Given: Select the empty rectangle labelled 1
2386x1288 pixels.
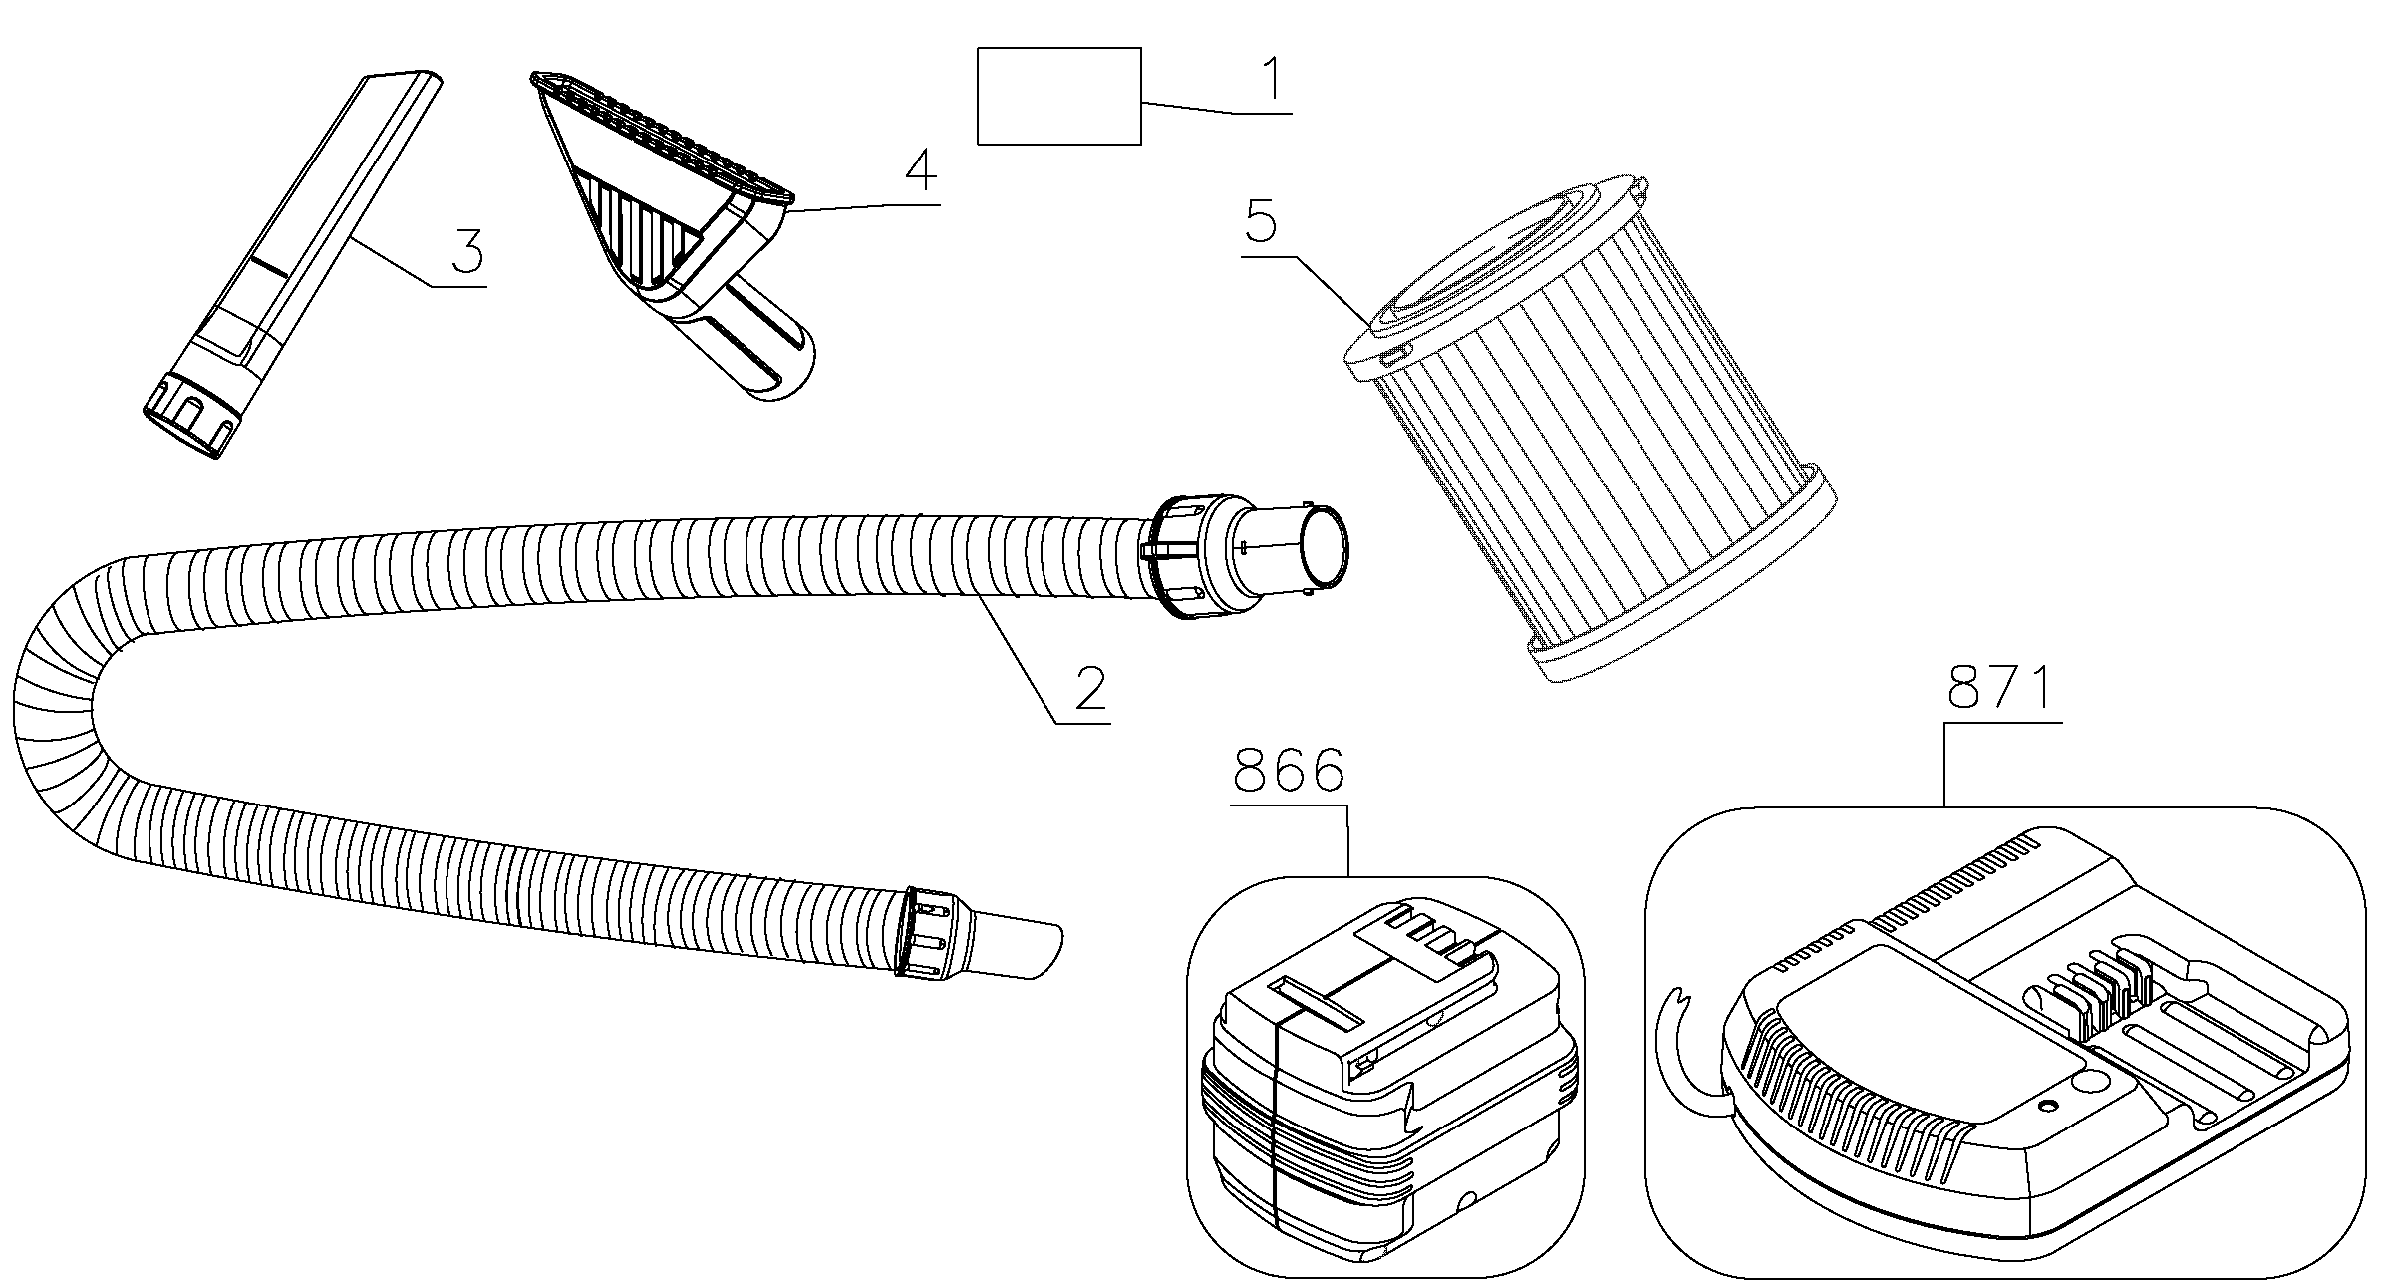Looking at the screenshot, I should (1058, 96).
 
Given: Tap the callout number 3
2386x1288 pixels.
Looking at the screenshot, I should (466, 250).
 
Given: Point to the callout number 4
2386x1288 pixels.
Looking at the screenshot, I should (920, 171).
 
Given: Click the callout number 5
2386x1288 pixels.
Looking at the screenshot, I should (1261, 222).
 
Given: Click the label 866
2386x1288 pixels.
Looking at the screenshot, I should (1289, 771).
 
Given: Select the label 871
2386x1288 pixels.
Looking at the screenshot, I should (2002, 687).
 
